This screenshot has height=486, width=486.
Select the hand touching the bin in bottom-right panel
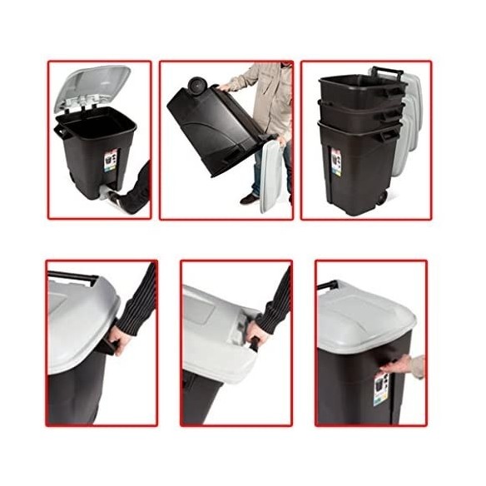pos(407,365)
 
